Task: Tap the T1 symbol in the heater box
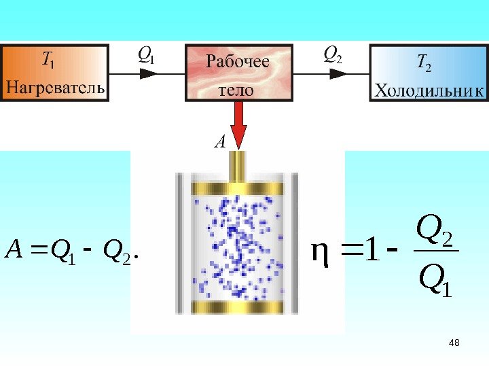coord(48,62)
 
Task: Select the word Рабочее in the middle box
coord(238,63)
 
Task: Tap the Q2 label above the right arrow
coord(333,54)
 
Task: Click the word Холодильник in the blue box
coord(429,90)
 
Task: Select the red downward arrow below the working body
coord(239,129)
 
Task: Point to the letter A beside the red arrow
coord(219,143)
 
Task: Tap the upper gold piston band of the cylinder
coord(239,188)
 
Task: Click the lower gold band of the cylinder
coord(239,307)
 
